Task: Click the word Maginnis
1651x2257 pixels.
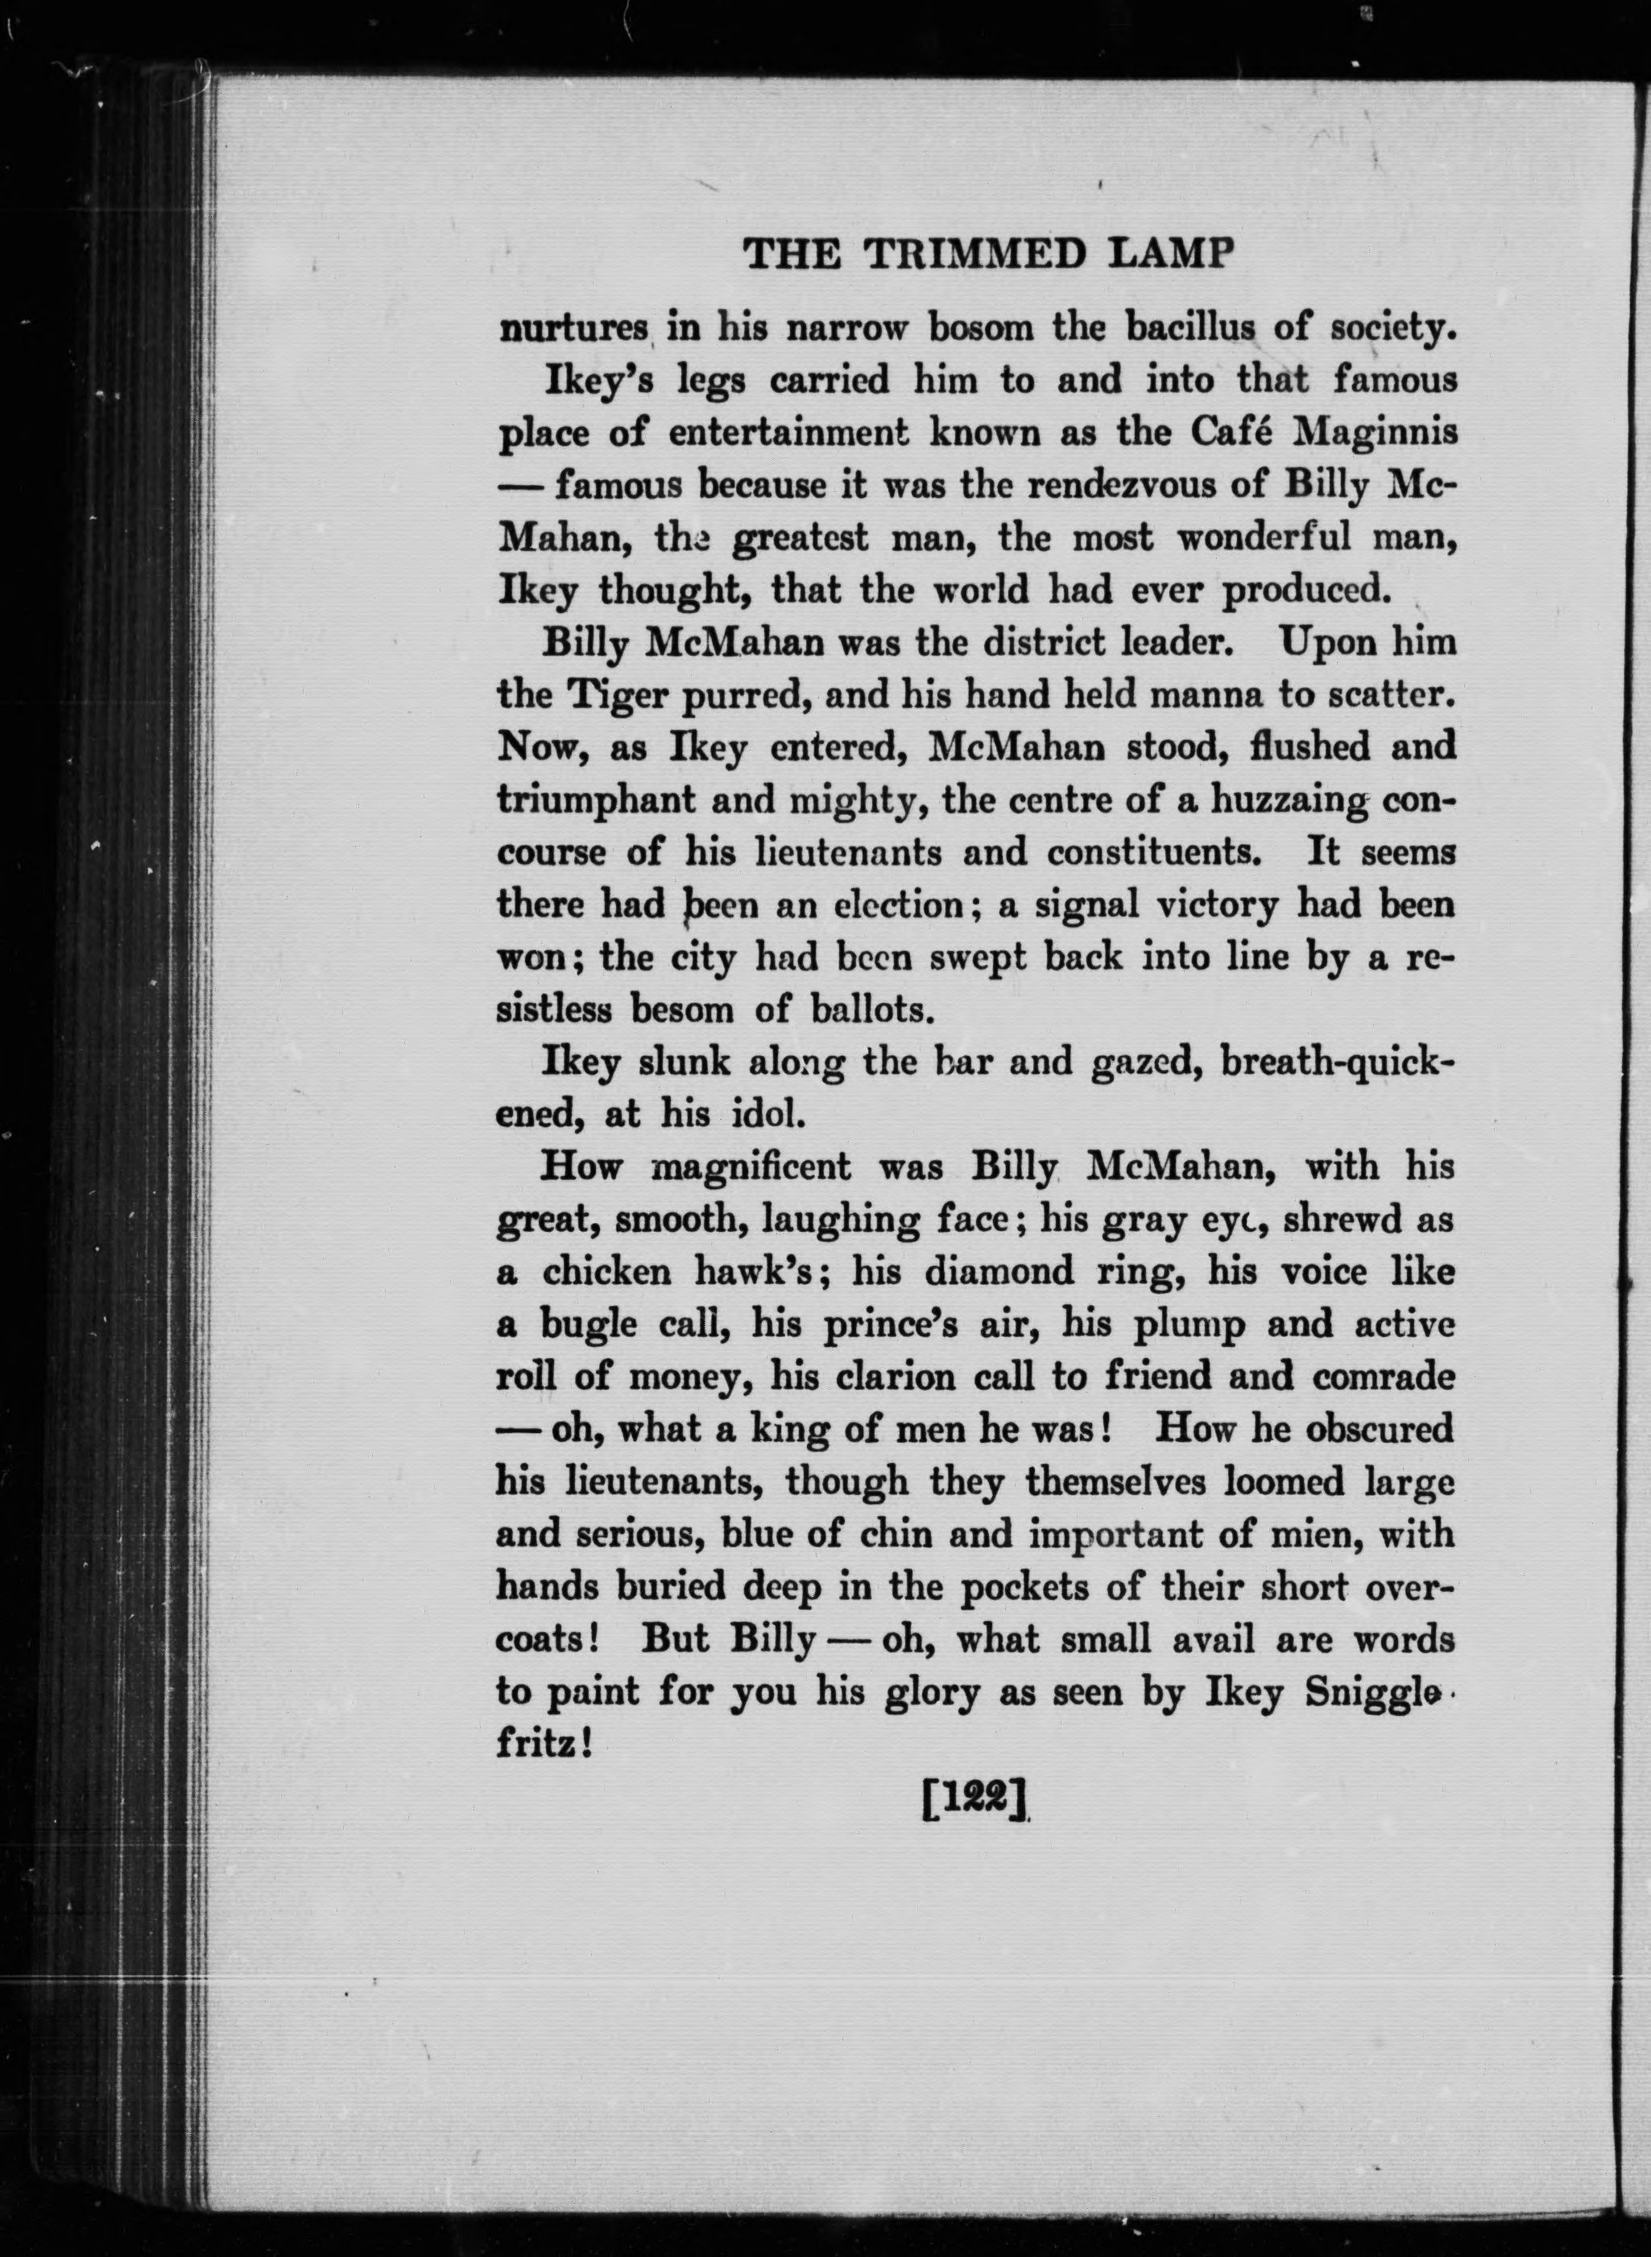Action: (x=1374, y=434)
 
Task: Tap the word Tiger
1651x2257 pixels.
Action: (x=604, y=697)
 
